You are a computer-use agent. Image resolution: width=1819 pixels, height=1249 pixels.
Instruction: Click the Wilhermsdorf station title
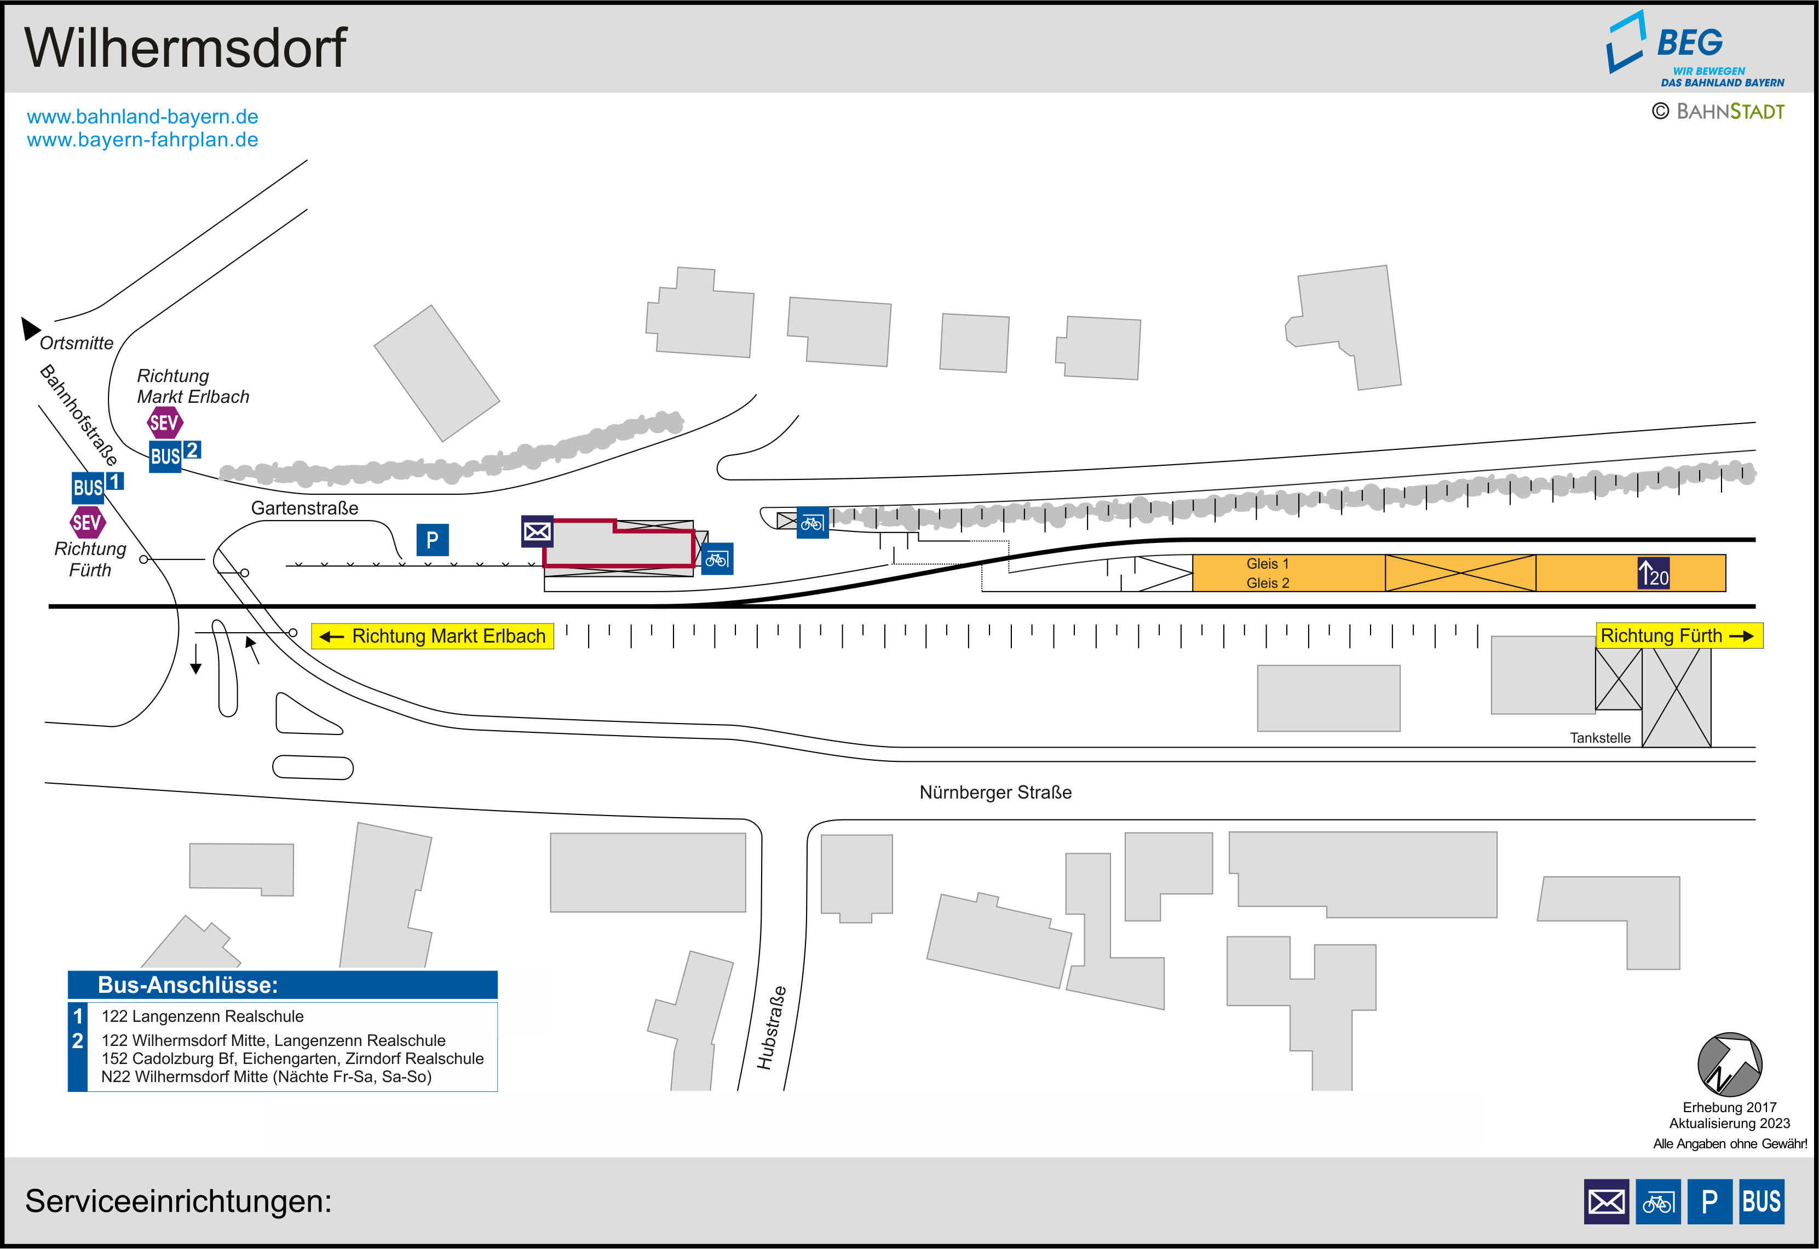(186, 49)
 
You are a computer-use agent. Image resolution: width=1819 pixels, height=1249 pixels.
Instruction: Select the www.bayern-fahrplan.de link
(142, 140)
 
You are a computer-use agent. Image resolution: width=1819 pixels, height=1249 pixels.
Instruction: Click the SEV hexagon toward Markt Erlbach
(164, 424)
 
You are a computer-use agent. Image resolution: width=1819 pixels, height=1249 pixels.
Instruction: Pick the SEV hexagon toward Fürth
(87, 522)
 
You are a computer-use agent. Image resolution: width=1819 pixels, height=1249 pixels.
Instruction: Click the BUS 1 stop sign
(96, 486)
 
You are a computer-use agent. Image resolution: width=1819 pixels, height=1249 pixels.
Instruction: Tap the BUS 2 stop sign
(174, 455)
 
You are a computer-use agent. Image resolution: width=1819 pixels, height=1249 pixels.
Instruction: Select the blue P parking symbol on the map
(432, 540)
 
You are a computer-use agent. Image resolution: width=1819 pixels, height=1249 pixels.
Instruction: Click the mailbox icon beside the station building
(537, 531)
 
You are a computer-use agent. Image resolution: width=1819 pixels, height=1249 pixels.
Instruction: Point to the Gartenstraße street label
(304, 508)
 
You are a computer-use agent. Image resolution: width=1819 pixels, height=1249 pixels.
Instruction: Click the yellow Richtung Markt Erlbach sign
(432, 636)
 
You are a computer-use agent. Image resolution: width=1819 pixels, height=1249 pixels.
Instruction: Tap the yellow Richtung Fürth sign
(1679, 635)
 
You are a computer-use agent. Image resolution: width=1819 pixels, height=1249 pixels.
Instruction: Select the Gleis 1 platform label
(1267, 563)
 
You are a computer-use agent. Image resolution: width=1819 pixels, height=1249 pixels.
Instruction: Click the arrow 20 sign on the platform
(1653, 574)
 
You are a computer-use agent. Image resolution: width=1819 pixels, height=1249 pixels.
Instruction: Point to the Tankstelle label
(1600, 738)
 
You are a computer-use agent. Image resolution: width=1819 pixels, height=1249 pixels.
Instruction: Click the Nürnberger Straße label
(995, 792)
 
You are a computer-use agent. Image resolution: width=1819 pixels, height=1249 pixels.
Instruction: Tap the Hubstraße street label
(771, 1027)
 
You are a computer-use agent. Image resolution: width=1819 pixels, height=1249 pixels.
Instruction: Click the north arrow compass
(1729, 1065)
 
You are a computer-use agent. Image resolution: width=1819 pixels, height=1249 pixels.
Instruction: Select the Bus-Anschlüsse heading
(188, 985)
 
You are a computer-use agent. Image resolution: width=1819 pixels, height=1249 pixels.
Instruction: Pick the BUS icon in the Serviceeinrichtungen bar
(1761, 1201)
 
